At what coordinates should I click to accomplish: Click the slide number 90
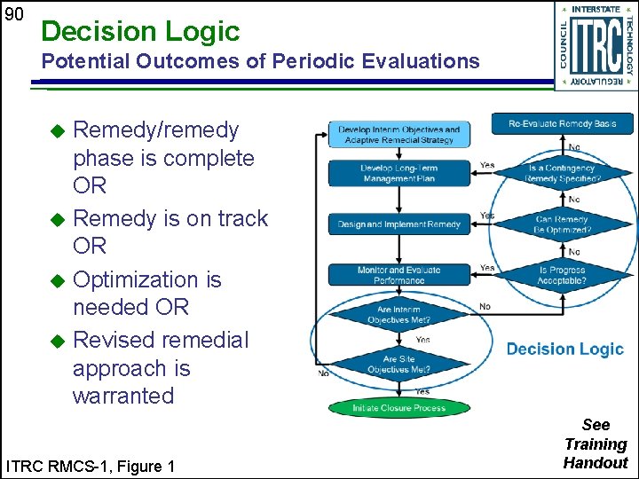coord(12,14)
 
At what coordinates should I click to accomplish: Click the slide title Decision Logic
coord(140,32)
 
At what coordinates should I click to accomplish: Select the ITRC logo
coord(595,45)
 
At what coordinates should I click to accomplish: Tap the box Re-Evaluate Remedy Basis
coord(562,123)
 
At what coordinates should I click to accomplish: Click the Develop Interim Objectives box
coord(398,135)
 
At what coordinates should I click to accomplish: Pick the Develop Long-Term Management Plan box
coord(398,173)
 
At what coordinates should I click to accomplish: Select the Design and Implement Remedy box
coord(398,224)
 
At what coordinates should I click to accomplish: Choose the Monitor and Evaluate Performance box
coord(398,275)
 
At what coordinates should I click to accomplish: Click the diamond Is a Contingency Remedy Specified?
coord(562,173)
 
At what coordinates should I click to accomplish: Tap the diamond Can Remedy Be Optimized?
coord(562,224)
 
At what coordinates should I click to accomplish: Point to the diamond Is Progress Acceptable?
coord(562,275)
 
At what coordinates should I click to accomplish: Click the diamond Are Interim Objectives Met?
coord(398,315)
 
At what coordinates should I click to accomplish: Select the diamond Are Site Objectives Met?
coord(398,364)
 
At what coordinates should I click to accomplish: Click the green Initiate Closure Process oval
coord(398,408)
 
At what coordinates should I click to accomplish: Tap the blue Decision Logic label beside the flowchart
coord(564,349)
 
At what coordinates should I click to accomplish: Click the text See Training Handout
coord(596,444)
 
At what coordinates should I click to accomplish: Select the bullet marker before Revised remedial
coord(58,341)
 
